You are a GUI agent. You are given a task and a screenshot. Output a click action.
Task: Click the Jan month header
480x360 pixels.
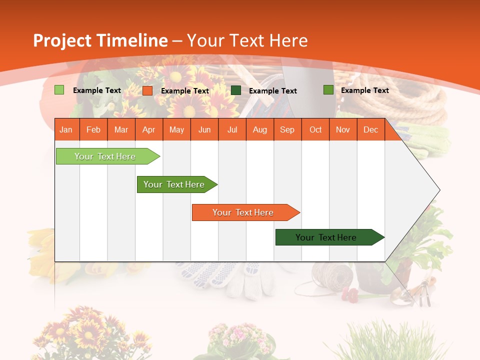coord(66,129)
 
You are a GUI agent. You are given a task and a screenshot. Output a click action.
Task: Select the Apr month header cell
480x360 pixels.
coord(148,129)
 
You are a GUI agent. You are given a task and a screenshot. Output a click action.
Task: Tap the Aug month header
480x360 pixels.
coord(259,129)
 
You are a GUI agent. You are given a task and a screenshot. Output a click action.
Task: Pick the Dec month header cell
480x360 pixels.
coord(370,129)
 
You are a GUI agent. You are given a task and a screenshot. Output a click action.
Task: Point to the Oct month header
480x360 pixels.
coord(315,129)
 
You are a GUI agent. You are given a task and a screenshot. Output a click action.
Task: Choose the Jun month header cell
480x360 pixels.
coord(204,129)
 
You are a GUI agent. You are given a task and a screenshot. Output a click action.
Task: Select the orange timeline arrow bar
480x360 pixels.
coord(244,212)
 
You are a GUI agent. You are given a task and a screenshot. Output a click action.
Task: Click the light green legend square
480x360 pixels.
coord(59,90)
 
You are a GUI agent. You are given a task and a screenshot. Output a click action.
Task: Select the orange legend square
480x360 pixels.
coord(147,90)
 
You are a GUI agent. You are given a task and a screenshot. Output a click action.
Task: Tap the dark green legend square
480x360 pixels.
coord(236,90)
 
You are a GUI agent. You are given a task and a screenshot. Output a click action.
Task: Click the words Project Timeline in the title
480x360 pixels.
coord(100,40)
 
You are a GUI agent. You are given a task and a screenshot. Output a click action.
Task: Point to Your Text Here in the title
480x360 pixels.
coord(247,40)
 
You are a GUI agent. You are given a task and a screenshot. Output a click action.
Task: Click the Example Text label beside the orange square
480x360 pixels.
coord(184,91)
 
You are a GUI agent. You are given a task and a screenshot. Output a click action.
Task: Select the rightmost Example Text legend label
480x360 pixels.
coord(364,90)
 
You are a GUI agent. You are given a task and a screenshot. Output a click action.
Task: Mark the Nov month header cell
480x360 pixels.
coord(342,129)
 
